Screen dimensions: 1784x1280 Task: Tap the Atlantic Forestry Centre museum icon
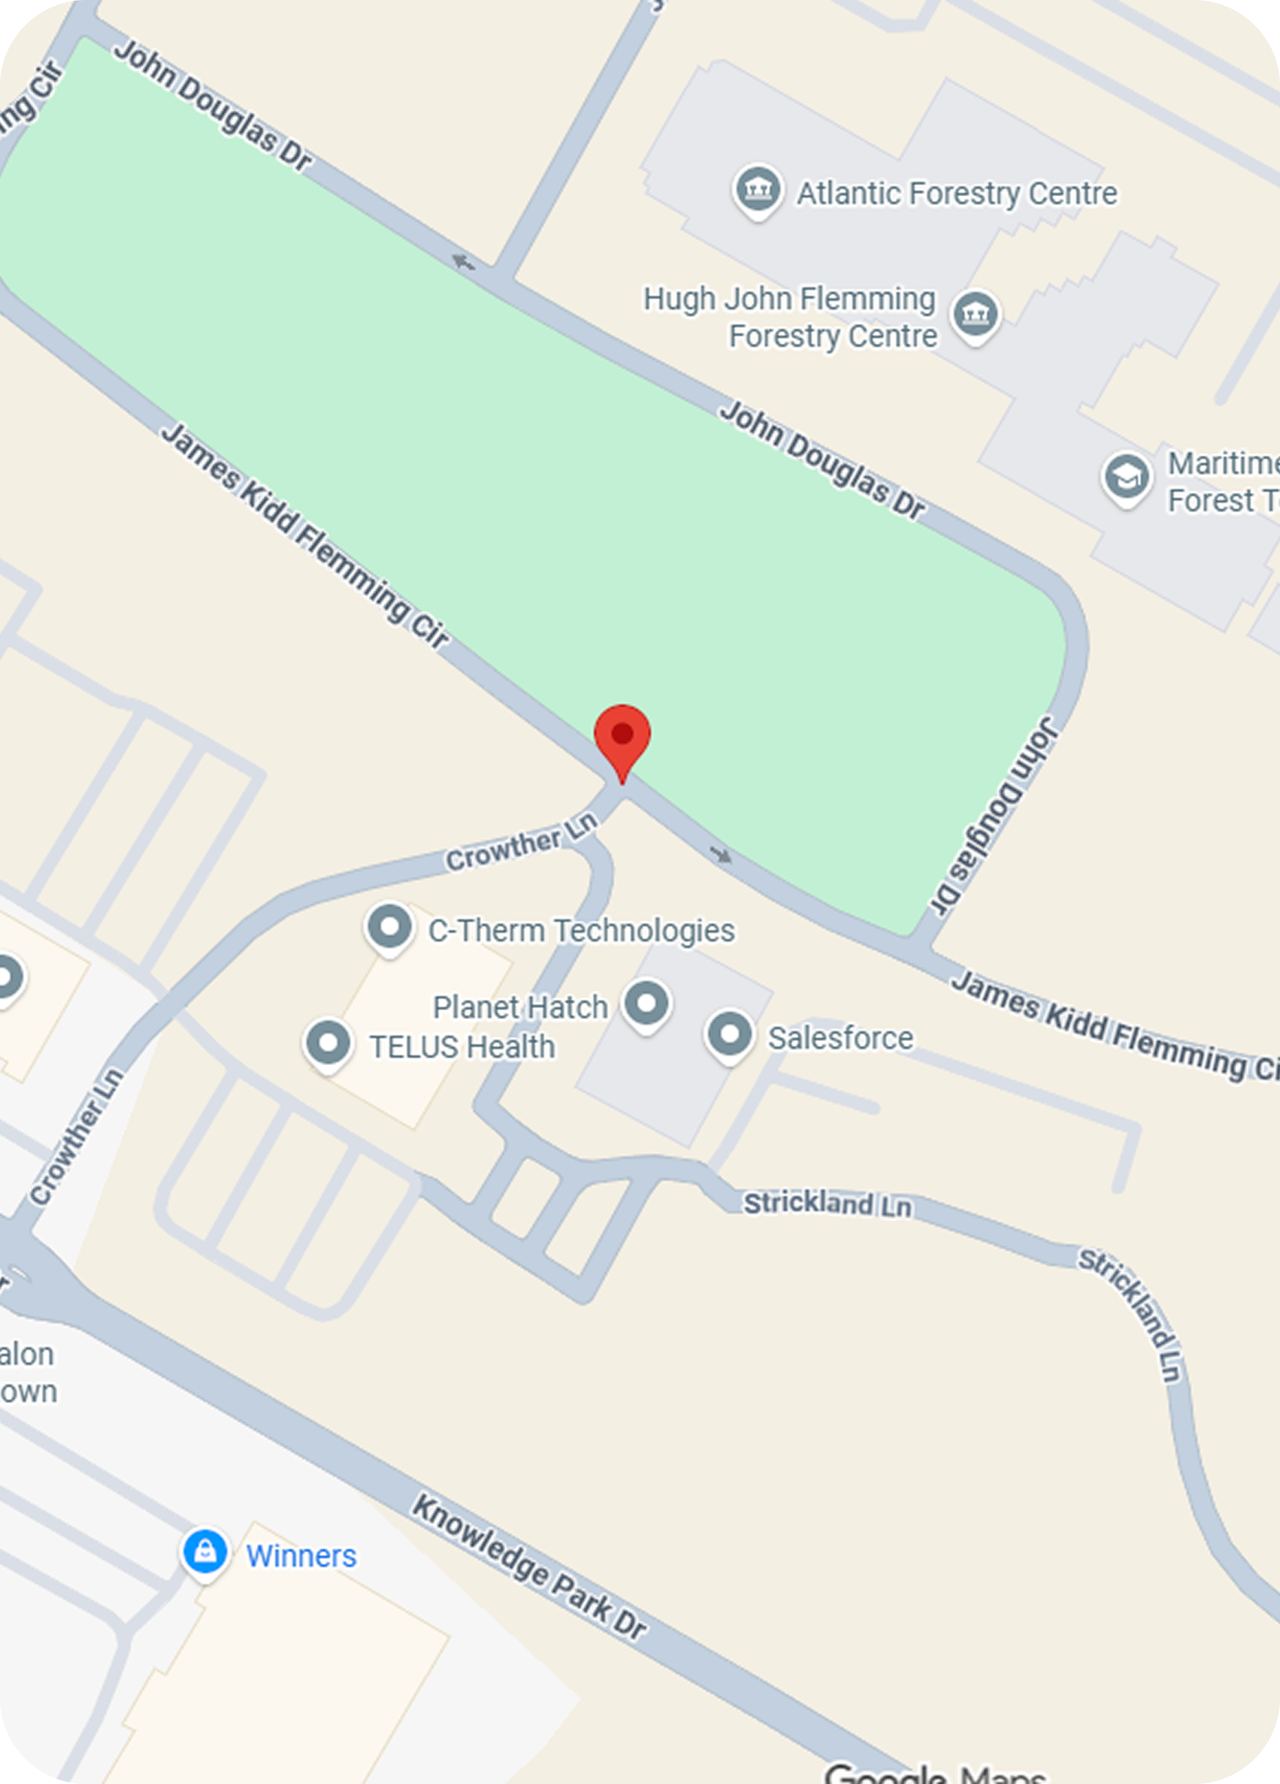click(757, 189)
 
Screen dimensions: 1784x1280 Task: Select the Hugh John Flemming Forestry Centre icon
click(976, 314)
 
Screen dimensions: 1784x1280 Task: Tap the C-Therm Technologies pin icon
click(389, 927)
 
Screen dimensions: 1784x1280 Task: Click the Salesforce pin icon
click(730, 1034)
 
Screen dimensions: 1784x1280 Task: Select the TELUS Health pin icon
click(328, 1043)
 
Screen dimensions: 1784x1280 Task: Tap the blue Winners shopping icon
click(204, 1551)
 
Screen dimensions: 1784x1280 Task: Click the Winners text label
click(301, 1556)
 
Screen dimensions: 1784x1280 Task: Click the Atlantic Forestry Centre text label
click(957, 193)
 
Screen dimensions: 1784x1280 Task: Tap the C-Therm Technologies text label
click(582, 931)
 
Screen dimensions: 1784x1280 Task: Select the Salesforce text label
click(840, 1038)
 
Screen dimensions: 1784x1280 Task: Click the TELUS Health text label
click(462, 1047)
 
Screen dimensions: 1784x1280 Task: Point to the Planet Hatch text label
click(520, 1008)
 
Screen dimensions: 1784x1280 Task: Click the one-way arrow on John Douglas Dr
click(463, 263)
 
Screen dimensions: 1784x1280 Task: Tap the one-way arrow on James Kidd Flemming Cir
click(720, 854)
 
